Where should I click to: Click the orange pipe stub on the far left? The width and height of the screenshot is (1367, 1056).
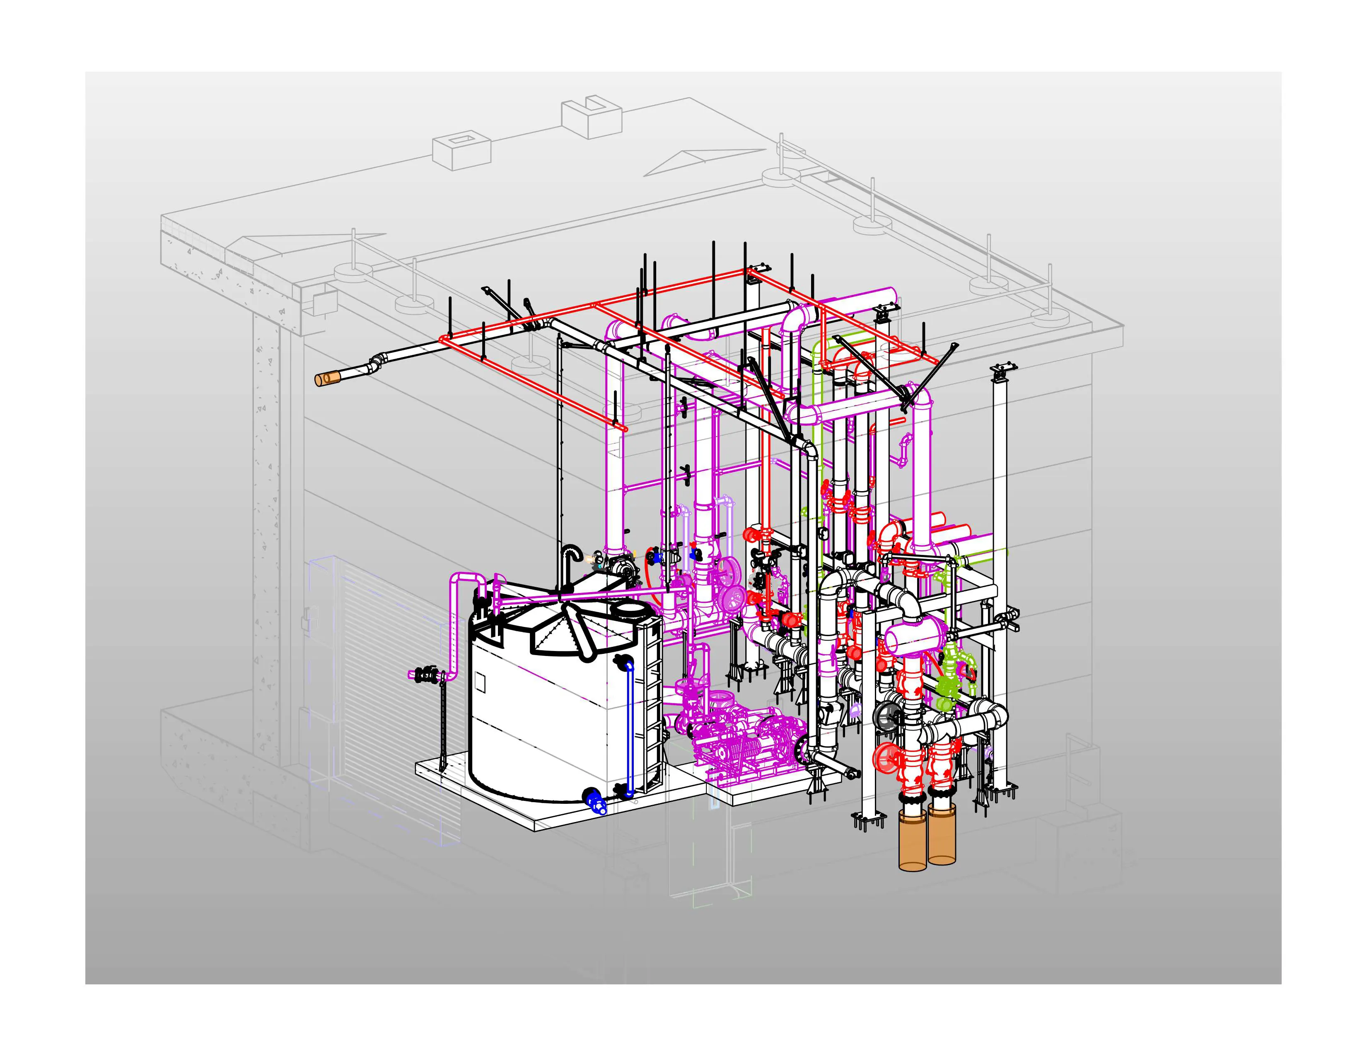(327, 379)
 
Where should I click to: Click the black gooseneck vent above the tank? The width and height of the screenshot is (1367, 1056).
(570, 554)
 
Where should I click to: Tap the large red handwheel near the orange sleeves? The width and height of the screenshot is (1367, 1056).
(884, 758)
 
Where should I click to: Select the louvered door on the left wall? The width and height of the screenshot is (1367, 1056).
(388, 688)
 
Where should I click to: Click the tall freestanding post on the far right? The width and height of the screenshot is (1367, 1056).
(1000, 563)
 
